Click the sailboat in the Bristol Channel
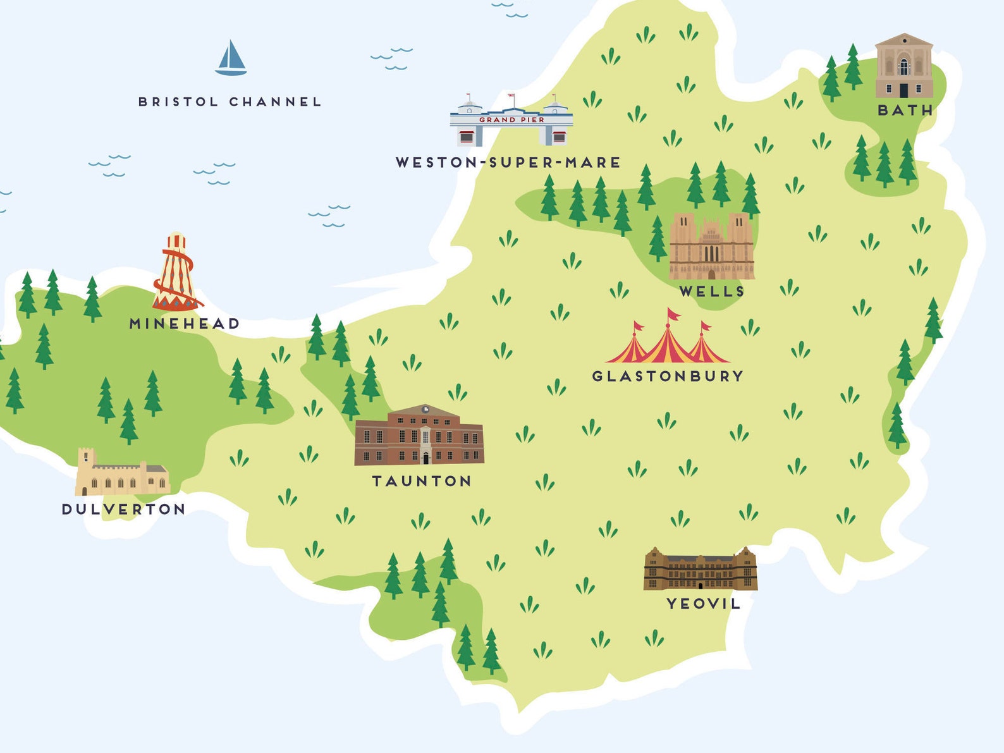coord(231,59)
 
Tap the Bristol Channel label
coord(230,102)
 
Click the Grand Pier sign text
coord(511,119)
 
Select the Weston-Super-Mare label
coord(508,162)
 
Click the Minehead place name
coord(185,324)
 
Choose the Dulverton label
coord(124,510)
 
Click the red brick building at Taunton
coord(419,437)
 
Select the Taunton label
coord(422,481)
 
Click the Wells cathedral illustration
coord(712,248)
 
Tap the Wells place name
coord(712,291)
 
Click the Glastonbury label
coord(668,376)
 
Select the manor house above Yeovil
coord(700,570)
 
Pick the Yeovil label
coord(703,604)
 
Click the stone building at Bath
coord(904,67)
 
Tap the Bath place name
coord(905,111)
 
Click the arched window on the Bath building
coord(904,66)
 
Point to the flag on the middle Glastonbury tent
coord(673,314)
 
